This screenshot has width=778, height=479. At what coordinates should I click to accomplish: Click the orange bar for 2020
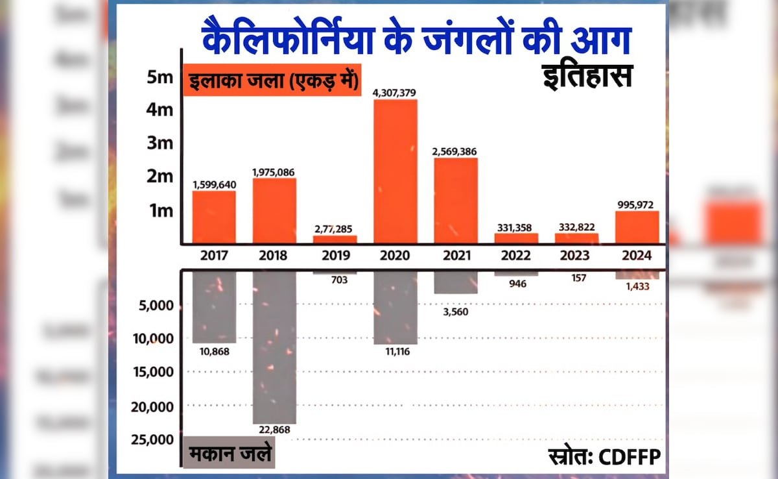click(395, 171)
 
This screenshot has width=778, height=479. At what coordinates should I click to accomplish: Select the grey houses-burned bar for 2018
click(274, 347)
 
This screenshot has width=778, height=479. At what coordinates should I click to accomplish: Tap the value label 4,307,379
click(394, 93)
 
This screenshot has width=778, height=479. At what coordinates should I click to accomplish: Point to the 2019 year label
click(335, 256)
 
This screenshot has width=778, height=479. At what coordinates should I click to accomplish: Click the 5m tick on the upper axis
click(159, 77)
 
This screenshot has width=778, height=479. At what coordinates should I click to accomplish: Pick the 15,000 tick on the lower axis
click(156, 372)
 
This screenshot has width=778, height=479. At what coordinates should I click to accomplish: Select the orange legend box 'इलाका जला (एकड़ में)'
click(272, 82)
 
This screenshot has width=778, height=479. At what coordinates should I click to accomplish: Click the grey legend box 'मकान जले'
click(230, 455)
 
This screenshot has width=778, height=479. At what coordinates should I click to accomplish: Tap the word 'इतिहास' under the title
click(587, 77)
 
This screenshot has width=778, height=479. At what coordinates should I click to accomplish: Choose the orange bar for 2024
click(637, 227)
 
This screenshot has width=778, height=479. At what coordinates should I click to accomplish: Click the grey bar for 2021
click(456, 282)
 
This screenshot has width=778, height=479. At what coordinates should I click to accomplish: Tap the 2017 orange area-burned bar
click(214, 217)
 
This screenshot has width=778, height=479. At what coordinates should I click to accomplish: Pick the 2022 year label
click(516, 256)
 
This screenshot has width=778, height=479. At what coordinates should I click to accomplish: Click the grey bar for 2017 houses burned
click(214, 306)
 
